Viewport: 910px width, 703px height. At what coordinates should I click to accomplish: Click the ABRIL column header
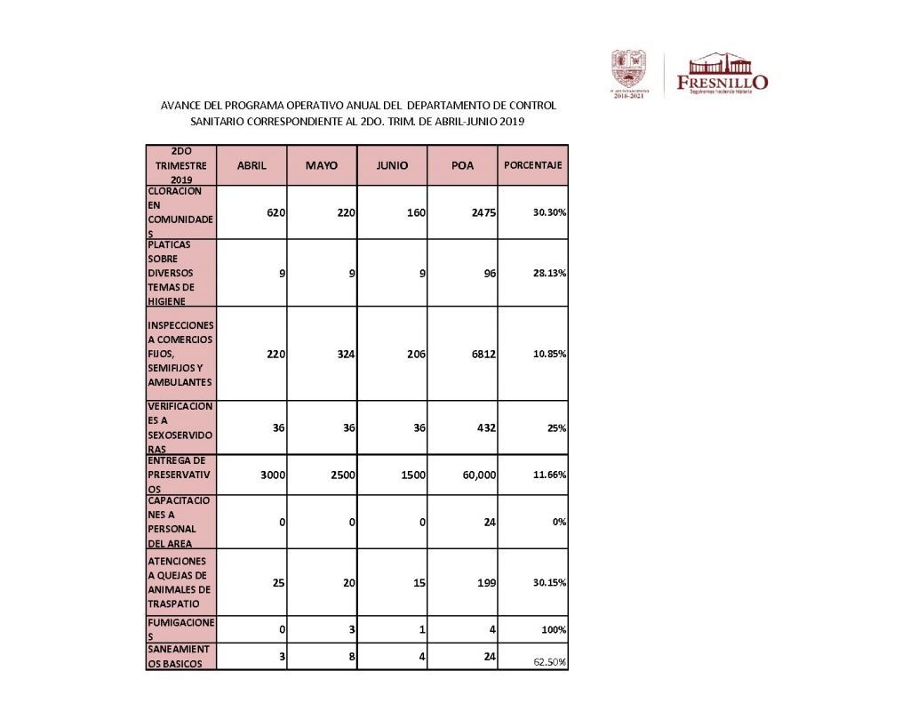pyautogui.click(x=251, y=165)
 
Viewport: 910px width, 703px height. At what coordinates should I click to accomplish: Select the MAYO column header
pyautogui.click(x=321, y=165)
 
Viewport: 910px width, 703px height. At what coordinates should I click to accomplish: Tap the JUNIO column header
pyautogui.click(x=392, y=165)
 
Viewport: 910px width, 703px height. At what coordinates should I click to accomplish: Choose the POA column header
pyautogui.click(x=462, y=165)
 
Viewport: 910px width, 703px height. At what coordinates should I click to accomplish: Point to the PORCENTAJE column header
pyautogui.click(x=532, y=165)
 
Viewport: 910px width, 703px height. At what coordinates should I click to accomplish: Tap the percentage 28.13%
pyautogui.click(x=550, y=274)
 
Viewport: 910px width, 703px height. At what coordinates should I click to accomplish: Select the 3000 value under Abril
pyautogui.click(x=272, y=475)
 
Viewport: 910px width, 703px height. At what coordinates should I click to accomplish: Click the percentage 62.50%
pyautogui.click(x=550, y=663)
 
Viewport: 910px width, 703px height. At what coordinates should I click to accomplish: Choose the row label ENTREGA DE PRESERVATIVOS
pyautogui.click(x=180, y=475)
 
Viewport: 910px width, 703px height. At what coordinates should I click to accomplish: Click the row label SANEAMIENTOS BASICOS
pyautogui.click(x=180, y=656)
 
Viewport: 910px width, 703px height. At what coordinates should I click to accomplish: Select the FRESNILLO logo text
pyautogui.click(x=722, y=82)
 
